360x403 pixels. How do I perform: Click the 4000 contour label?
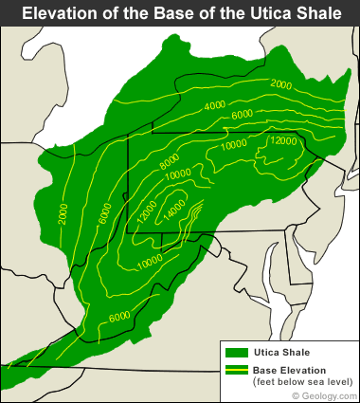(x=216, y=104)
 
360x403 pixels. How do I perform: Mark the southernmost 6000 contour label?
(x=119, y=317)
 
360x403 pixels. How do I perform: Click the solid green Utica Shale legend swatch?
(x=237, y=351)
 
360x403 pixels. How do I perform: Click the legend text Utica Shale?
(x=278, y=352)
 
